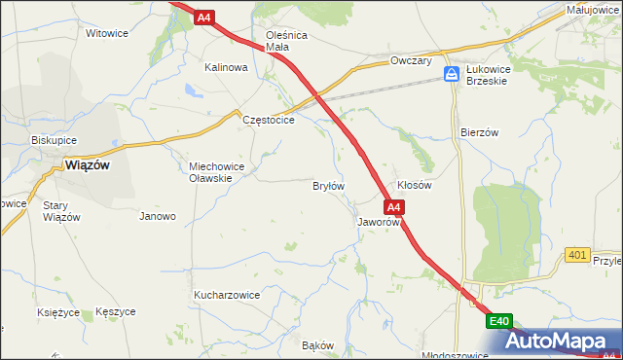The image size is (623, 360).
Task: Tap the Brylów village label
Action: coord(328,185)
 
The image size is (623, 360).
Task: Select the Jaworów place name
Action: coord(379,222)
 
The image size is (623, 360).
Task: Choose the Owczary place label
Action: coord(410,60)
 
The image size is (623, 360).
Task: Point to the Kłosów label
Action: coord(415,184)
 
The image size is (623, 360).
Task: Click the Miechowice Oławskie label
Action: coord(223,171)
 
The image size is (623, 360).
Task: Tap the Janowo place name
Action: coord(158,216)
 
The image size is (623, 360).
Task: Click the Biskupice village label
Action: coord(54,139)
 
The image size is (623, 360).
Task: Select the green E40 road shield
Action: coord(499,321)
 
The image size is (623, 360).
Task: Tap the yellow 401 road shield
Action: coord(577,255)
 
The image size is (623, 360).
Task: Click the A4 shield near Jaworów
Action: coord(393,207)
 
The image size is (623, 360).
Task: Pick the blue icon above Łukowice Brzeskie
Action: coord(452,74)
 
